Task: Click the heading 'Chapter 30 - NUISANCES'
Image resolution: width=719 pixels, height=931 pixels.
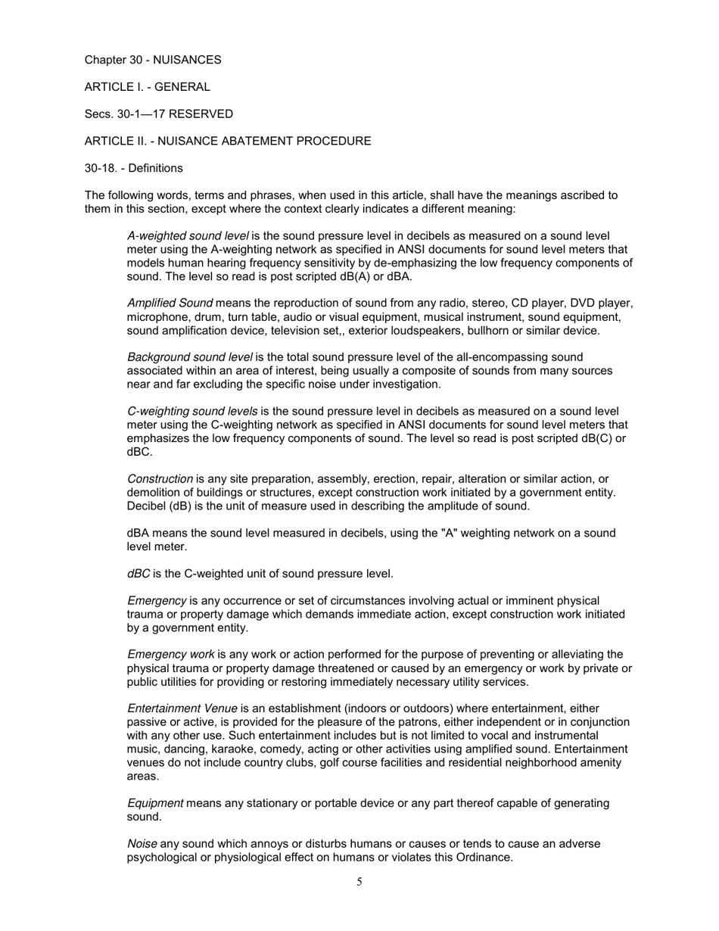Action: click(152, 60)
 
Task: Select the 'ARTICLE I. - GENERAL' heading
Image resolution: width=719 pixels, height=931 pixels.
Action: click(147, 87)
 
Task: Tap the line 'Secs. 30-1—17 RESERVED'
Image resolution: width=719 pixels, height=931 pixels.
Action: click(158, 114)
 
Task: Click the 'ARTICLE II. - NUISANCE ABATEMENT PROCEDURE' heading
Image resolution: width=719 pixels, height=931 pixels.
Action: click(227, 142)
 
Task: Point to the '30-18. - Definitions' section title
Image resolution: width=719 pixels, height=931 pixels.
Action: click(133, 168)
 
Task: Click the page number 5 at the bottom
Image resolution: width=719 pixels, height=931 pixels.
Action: click(359, 881)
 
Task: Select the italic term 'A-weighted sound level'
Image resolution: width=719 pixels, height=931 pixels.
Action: click(188, 236)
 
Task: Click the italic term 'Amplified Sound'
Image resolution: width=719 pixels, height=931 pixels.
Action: click(170, 304)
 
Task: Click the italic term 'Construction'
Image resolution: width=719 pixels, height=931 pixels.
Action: click(160, 479)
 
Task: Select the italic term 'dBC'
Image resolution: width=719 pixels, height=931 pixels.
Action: click(139, 574)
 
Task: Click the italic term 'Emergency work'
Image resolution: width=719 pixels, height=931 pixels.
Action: click(170, 655)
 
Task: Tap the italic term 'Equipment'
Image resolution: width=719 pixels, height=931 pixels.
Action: click(155, 803)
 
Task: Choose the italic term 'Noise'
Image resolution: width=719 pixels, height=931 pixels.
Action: click(142, 844)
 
